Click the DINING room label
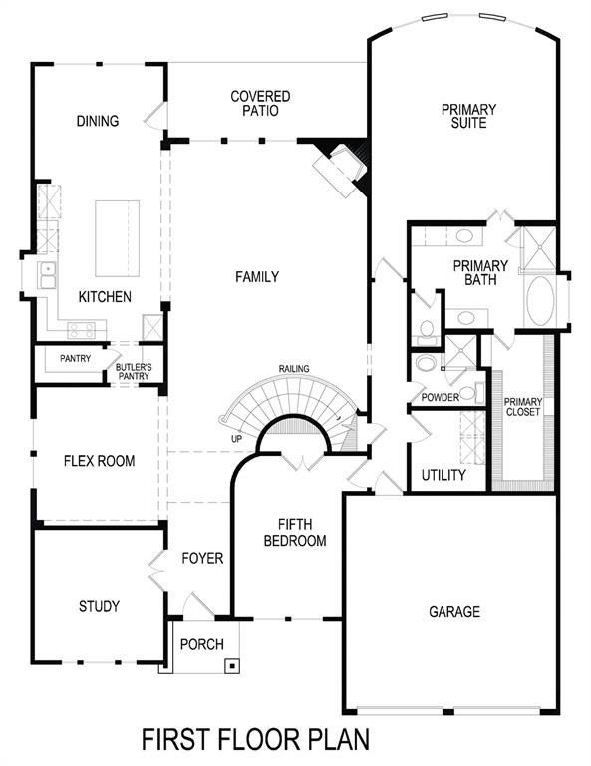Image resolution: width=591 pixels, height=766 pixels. (98, 122)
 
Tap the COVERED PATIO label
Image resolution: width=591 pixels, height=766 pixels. (260, 104)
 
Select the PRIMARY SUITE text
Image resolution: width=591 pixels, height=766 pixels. (464, 116)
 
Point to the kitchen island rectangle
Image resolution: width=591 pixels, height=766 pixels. (117, 238)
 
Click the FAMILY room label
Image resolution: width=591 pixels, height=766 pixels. (256, 276)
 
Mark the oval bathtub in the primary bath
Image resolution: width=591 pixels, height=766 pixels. (543, 301)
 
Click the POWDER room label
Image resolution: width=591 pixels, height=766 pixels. (440, 397)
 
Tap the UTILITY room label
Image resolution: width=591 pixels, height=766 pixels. (443, 475)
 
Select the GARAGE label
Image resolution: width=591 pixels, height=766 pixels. (453, 611)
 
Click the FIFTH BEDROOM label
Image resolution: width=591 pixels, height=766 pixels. (302, 532)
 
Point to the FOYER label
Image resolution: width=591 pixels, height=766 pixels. (203, 558)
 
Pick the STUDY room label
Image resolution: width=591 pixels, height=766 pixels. (99, 606)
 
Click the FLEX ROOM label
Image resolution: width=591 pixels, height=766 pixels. (99, 461)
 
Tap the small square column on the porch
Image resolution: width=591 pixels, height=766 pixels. (232, 664)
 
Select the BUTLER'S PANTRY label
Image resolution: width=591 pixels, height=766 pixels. (134, 371)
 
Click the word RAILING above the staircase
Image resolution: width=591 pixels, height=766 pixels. (294, 369)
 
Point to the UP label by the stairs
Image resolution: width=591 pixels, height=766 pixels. (235, 439)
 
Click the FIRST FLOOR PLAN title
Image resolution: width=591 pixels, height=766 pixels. (256, 740)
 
